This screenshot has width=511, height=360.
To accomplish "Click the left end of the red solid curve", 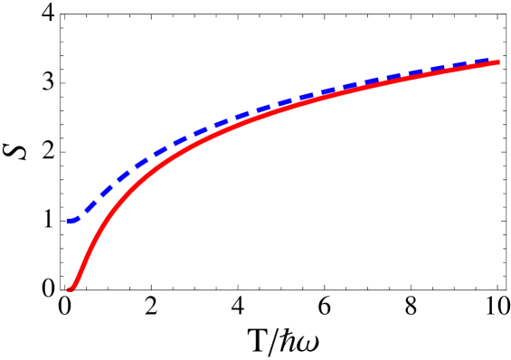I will coord(68,289).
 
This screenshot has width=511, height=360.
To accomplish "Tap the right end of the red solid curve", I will coord(499,62).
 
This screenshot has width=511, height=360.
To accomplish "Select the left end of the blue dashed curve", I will coord(68,221).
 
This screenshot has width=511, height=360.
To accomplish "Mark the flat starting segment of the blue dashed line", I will coord(72,221).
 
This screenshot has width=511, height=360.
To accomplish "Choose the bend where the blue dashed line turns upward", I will coord(78,218).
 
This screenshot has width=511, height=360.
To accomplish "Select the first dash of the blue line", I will coord(72,221).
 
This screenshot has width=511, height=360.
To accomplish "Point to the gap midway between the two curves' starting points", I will coord(68,255).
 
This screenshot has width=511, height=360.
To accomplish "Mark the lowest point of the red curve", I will coord(69,289).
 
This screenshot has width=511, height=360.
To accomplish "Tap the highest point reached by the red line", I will coord(499,62).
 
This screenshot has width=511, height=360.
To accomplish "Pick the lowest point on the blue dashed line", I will coord(70,221).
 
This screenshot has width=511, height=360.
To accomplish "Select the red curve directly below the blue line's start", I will coord(69,289).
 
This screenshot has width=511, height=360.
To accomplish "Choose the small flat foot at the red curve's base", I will coord(71,289).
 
